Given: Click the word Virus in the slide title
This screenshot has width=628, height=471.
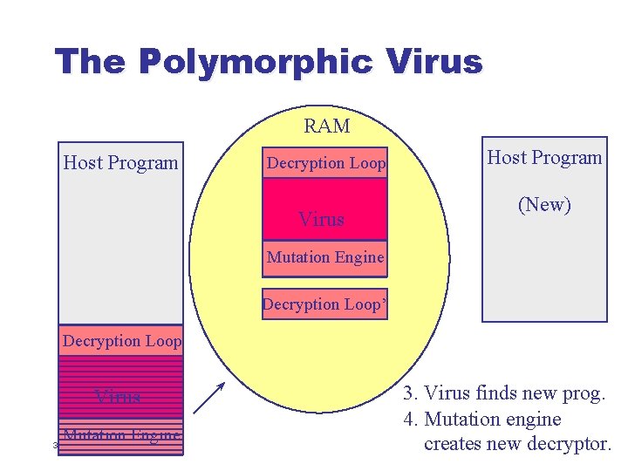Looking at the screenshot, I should tap(433, 62).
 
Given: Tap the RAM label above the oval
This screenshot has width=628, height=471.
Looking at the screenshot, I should tap(327, 126).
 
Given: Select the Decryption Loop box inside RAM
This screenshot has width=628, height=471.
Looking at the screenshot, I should tap(325, 163).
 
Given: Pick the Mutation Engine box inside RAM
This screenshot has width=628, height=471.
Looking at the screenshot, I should tap(324, 257).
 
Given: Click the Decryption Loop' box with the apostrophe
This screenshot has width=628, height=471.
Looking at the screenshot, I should tap(324, 304).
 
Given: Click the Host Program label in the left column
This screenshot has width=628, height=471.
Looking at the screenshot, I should tap(120, 162).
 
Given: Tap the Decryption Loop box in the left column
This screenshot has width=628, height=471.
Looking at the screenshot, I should tap(121, 341).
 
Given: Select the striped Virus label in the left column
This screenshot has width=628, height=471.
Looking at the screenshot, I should tap(118, 397).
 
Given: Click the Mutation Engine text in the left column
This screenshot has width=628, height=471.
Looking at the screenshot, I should tap(122, 435).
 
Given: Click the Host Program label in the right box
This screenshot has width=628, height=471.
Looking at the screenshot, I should tap(544, 158).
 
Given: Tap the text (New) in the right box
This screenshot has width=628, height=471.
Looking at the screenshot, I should tap(544, 205).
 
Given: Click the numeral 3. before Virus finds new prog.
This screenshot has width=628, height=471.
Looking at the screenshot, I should tap(409, 394).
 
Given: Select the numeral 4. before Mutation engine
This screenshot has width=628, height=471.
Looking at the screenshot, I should tap(409, 420).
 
